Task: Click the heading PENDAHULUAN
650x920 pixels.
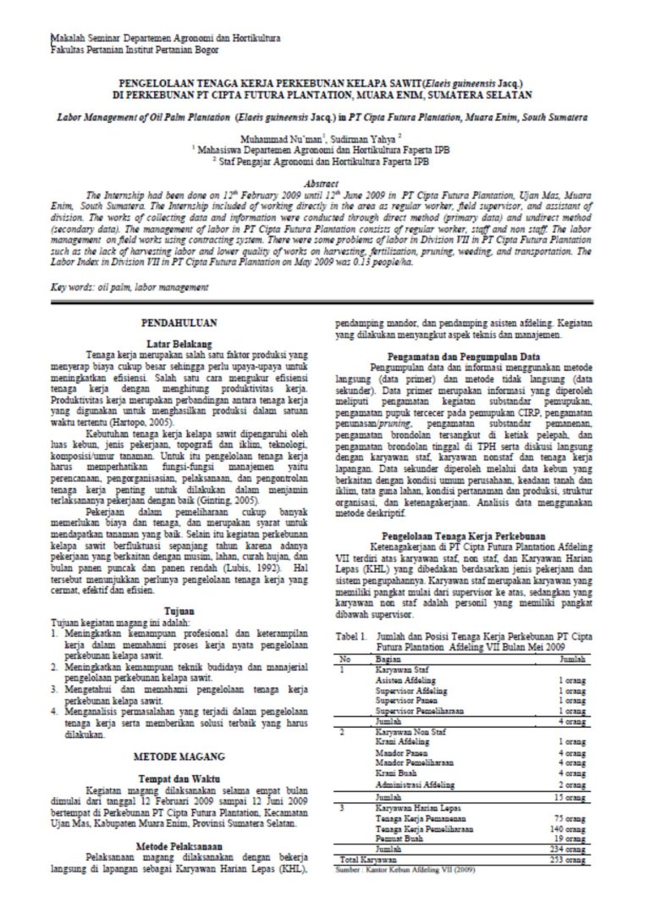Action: point(179,324)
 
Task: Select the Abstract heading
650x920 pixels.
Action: point(325,183)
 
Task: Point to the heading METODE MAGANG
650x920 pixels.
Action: point(179,753)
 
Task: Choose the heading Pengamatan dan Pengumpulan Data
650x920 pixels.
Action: point(463,356)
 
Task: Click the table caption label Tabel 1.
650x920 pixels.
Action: point(350,634)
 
